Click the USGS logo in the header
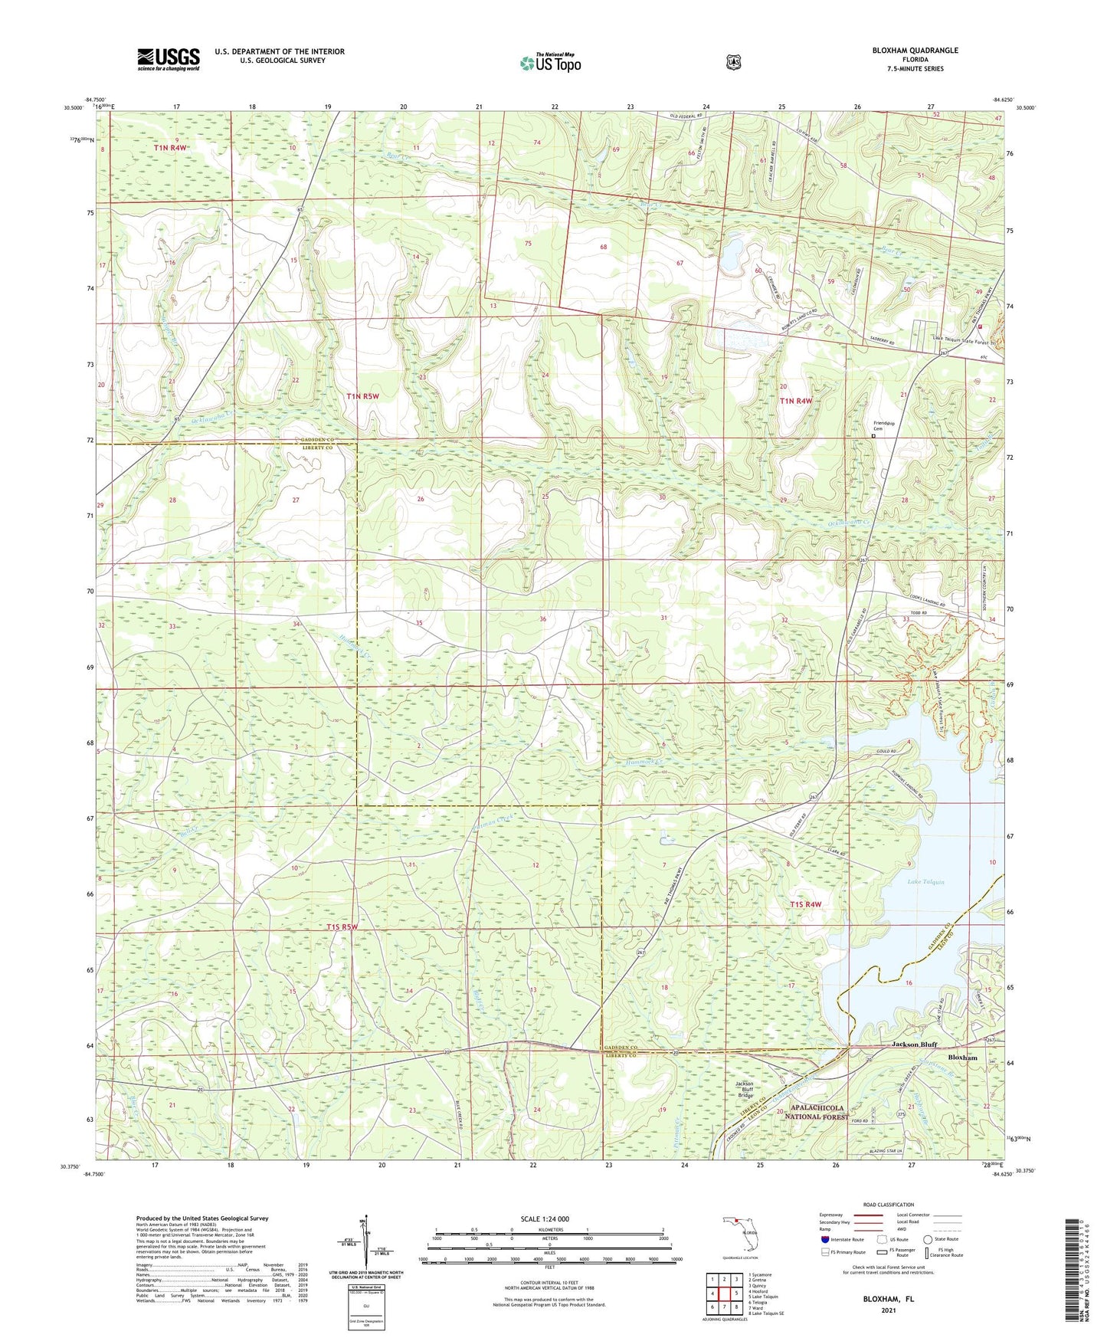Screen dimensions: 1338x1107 pyautogui.click(x=168, y=59)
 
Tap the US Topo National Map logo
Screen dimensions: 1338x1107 pyautogui.click(x=549, y=63)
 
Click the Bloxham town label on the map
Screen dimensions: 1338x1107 pyautogui.click(x=962, y=1058)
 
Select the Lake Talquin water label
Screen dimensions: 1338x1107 pyautogui.click(x=925, y=882)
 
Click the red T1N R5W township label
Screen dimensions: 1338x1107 pyautogui.click(x=362, y=396)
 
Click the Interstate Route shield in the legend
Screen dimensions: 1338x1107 pyautogui.click(x=824, y=1239)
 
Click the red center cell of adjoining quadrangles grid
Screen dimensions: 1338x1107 pyautogui.click(x=723, y=1294)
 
